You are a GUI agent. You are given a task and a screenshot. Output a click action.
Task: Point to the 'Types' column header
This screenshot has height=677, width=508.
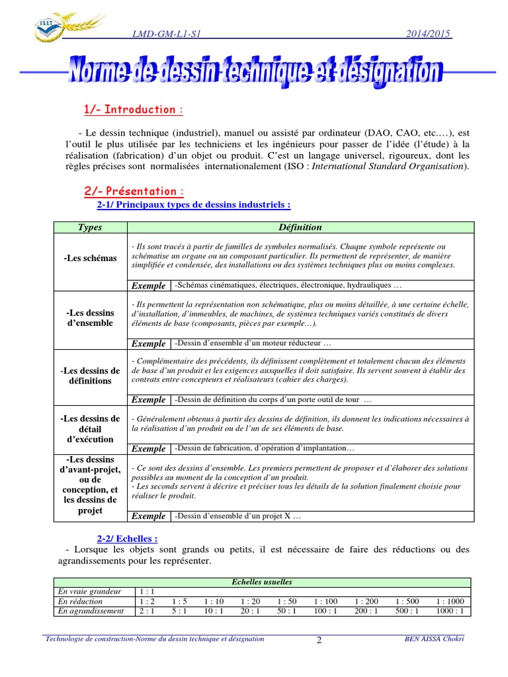coord(89,227)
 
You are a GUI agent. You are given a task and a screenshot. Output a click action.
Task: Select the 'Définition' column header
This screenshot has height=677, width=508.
coord(300,227)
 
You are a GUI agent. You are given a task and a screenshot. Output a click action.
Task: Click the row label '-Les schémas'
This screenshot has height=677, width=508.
coord(89,259)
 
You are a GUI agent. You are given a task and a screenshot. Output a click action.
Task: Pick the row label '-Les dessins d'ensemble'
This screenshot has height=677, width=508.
coord(89,318)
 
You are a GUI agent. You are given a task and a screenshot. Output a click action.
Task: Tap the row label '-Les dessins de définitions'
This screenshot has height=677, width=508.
coord(89,376)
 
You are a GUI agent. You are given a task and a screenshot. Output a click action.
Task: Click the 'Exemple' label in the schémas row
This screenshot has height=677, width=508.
coord(149,286)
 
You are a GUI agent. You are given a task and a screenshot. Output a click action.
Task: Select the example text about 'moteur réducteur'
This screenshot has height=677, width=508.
coord(252,343)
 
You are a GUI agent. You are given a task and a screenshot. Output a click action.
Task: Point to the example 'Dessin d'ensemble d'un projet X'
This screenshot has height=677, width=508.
coord(237,516)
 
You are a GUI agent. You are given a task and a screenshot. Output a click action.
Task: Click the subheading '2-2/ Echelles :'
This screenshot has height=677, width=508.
coord(128,539)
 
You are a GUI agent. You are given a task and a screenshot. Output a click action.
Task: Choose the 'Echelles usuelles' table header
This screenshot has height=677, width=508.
coord(262,582)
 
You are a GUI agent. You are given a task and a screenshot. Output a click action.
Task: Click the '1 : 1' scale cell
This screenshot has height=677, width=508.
coord(147,592)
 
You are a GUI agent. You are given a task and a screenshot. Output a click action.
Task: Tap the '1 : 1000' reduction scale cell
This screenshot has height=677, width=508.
coord(450,602)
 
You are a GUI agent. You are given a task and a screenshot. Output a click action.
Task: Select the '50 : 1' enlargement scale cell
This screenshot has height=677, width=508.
coord(286,612)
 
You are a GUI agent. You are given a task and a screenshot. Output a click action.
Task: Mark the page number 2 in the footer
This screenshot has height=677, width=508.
coord(319,640)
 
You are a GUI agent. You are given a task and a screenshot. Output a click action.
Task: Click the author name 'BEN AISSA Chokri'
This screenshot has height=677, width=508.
coord(433,639)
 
